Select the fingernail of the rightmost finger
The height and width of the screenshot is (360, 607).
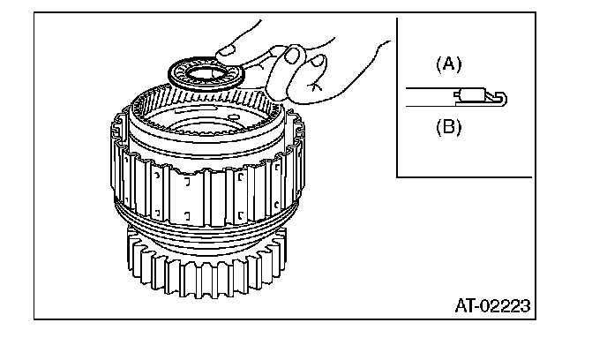point(315,60)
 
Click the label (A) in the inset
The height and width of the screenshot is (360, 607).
point(449,64)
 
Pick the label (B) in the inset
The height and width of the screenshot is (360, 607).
point(449,126)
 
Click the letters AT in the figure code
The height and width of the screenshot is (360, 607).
point(466,306)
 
